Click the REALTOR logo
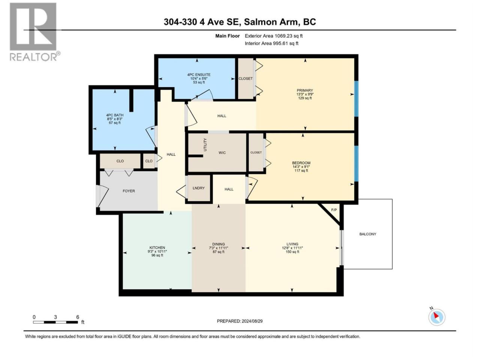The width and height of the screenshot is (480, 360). click(35, 32)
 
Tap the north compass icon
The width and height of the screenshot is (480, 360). click(436, 317)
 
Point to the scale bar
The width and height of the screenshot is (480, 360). click(55, 322)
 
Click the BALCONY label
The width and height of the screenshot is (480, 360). click(367, 234)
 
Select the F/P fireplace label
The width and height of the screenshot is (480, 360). click(334, 210)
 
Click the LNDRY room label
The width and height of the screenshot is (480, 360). click(198, 188)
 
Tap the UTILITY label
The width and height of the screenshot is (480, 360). click(205, 145)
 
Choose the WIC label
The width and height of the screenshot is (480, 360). click(222, 153)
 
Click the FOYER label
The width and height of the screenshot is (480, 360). click(129, 191)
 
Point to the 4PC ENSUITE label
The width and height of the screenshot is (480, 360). click(197, 75)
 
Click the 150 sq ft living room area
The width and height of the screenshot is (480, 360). click(292, 252)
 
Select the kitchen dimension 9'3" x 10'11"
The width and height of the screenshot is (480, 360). click(157, 251)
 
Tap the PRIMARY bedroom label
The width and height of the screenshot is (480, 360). click(305, 90)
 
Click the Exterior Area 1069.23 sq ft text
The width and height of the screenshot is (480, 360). click(274, 36)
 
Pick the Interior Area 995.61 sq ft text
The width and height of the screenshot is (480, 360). click(271, 43)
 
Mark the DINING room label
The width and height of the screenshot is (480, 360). click(219, 244)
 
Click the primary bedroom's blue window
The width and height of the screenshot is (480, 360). click(356, 99)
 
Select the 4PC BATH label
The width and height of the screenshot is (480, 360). click(115, 115)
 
